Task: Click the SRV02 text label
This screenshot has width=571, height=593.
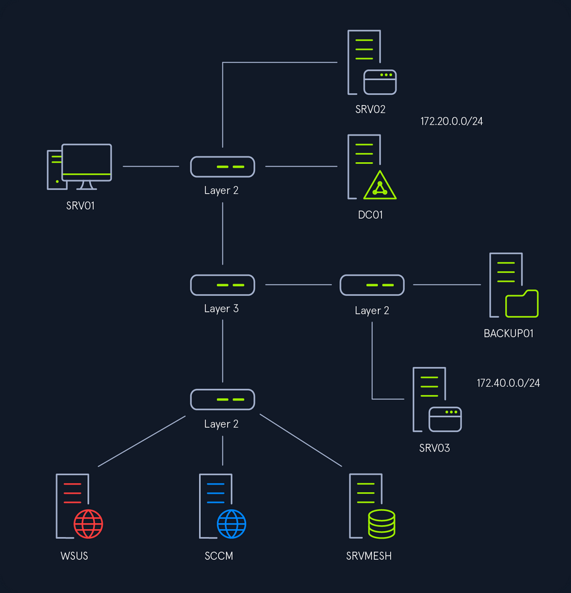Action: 370,109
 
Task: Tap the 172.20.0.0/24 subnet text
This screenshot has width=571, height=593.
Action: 452,121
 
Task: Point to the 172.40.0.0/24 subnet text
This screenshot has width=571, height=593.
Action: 508,383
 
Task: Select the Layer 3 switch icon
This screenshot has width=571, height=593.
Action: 222,285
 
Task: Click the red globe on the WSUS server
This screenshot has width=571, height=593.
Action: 88,524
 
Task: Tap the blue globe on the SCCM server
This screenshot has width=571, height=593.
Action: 231,524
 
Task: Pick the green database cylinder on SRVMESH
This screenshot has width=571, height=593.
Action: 382,524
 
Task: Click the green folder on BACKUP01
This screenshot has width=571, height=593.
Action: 522,304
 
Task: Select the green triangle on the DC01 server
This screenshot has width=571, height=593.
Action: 380,185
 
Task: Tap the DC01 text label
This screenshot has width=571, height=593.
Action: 370,215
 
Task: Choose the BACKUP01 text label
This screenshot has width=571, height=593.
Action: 508,333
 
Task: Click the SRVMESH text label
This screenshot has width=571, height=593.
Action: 369,556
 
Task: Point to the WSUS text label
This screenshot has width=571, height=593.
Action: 74,556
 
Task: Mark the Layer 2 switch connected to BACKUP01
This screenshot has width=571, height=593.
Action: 372,285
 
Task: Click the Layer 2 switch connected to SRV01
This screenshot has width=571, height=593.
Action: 222,167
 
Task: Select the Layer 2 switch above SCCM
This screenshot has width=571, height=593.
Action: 222,399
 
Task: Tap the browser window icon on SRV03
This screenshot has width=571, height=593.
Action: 445,419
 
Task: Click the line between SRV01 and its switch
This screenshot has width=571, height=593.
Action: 151,167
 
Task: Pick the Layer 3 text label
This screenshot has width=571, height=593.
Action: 221,309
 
